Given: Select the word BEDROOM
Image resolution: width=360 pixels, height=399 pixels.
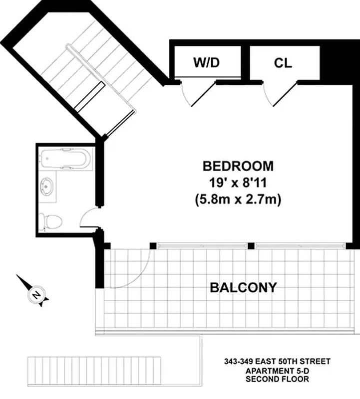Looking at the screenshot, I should pyautogui.click(x=238, y=166).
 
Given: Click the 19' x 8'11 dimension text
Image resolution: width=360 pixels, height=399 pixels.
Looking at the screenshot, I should pyautogui.click(x=238, y=183).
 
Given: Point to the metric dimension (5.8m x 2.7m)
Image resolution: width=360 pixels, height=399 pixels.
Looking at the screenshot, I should pyautogui.click(x=238, y=199).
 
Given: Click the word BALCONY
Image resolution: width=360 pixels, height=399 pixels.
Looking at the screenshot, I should pyautogui.click(x=243, y=287).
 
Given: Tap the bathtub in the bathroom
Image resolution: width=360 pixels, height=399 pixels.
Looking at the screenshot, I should pyautogui.click(x=65, y=159).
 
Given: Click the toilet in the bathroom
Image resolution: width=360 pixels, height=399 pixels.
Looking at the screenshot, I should pyautogui.click(x=51, y=220).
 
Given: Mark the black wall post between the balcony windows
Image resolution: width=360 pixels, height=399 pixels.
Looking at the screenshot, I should pyautogui.click(x=252, y=245).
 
